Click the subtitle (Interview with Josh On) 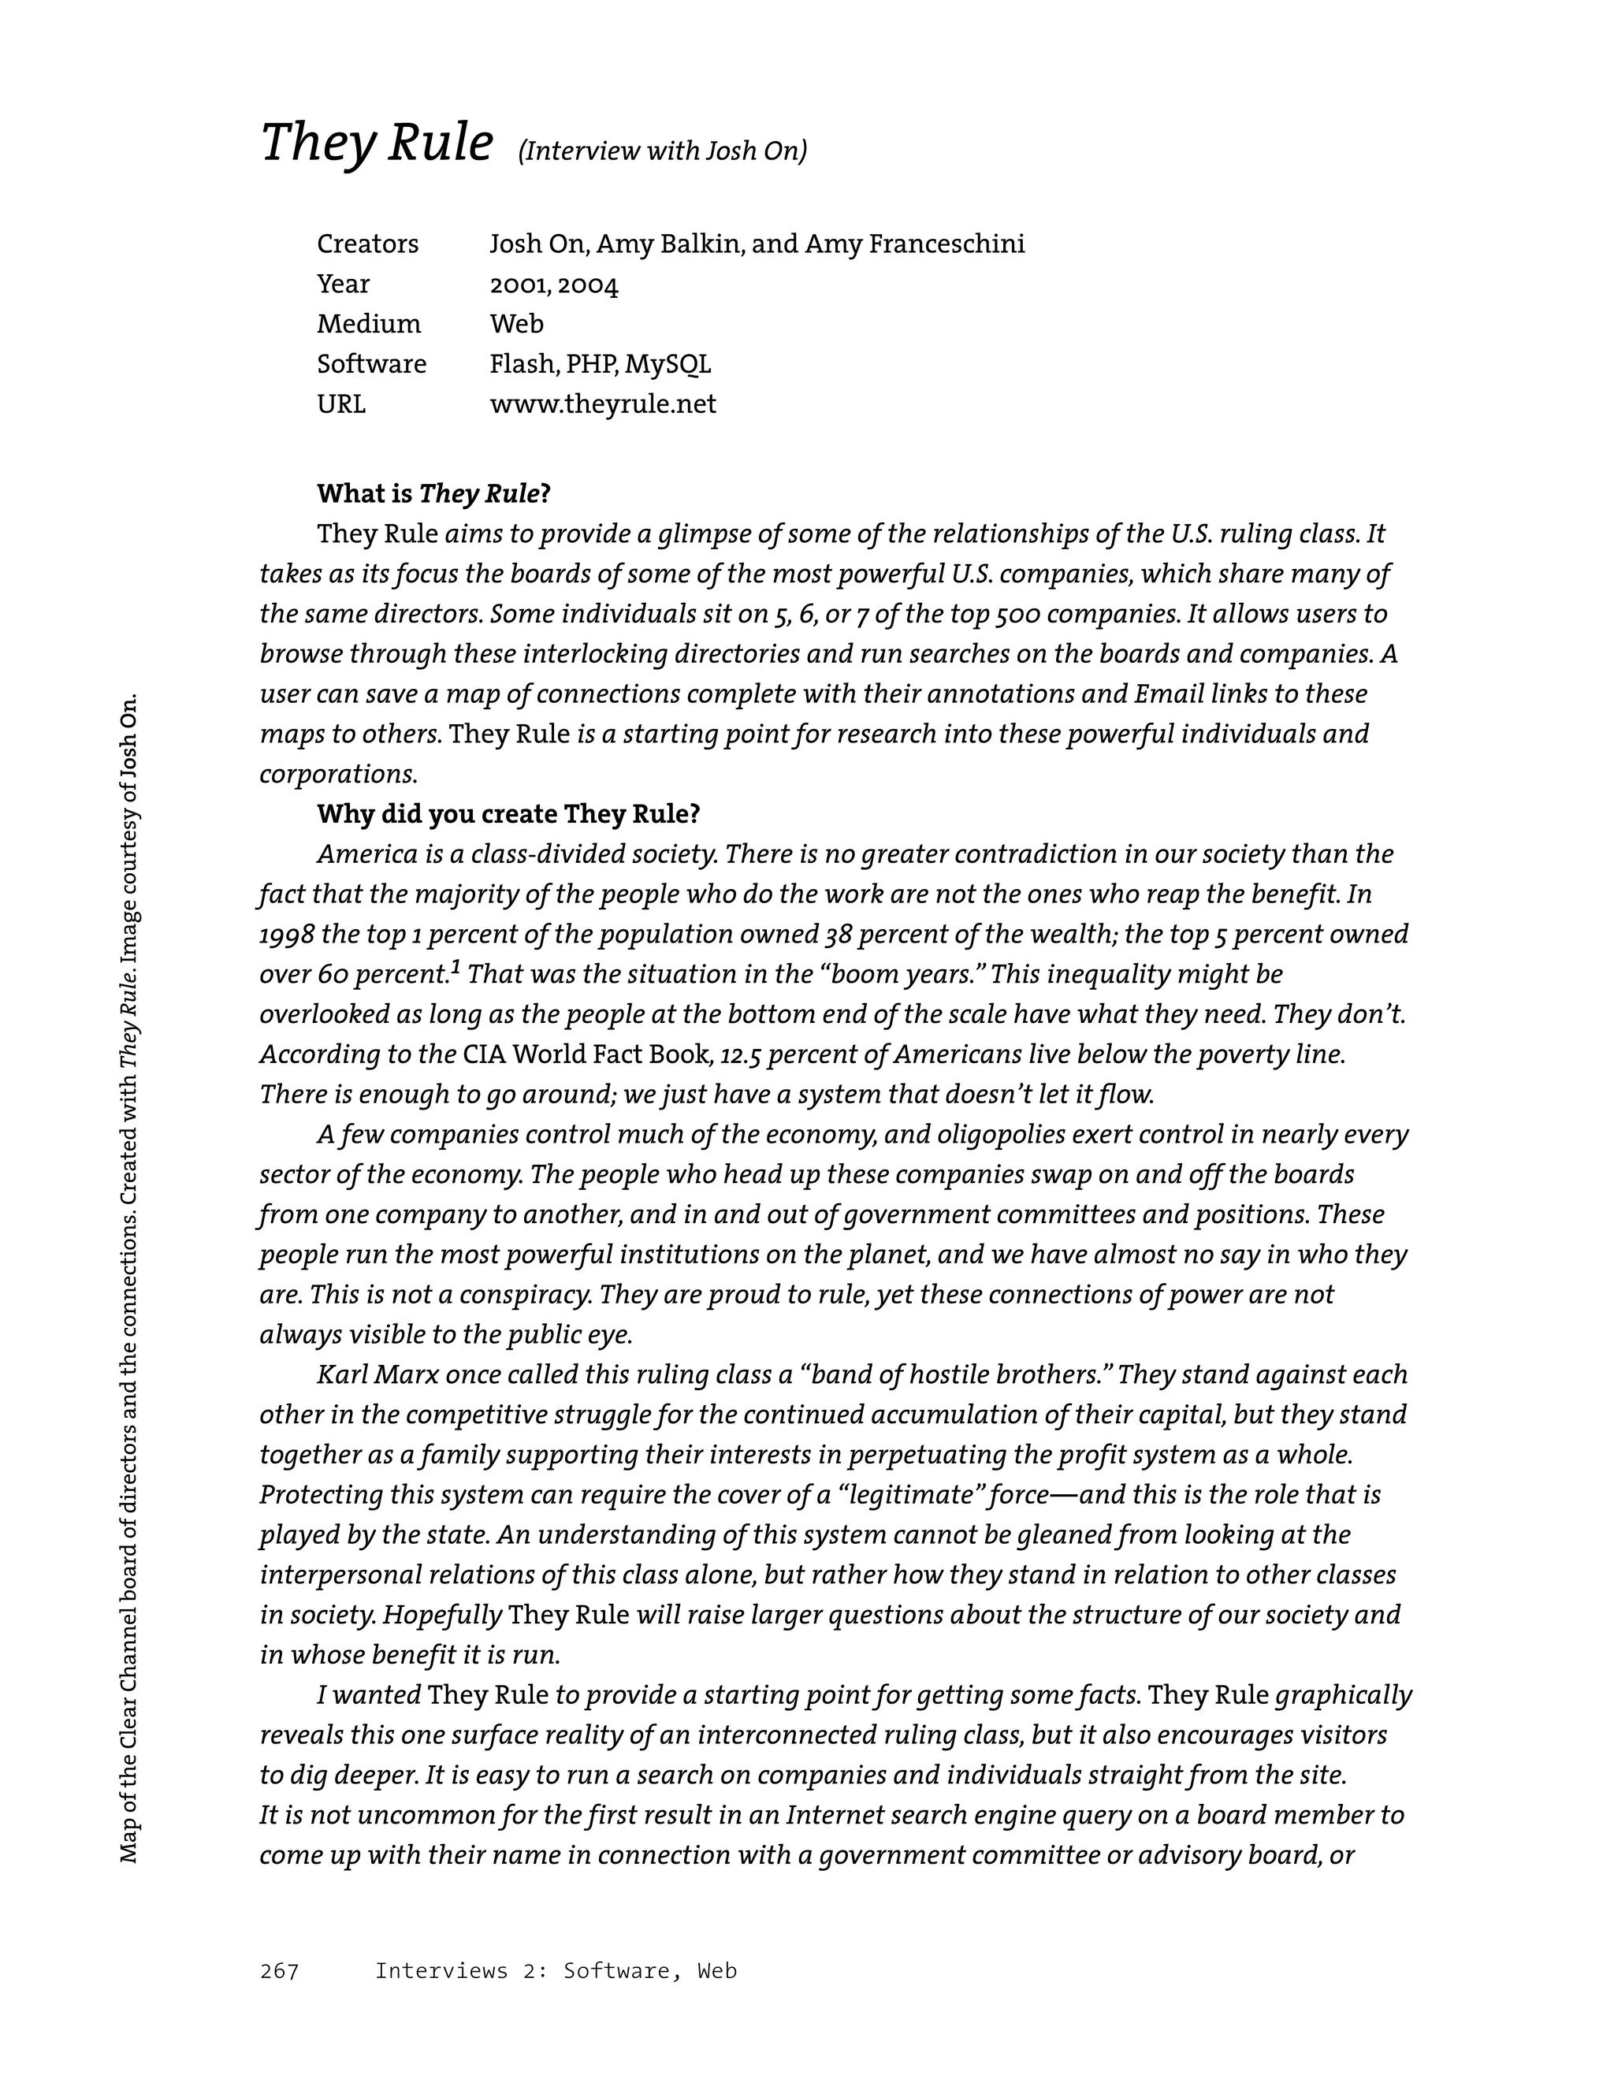(662, 151)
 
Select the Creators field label (366, 244)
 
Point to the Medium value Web (516, 324)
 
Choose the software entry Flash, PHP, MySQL (600, 364)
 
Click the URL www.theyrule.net (602, 403)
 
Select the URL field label (340, 403)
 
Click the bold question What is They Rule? (433, 494)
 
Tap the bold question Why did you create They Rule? (508, 814)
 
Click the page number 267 (279, 1972)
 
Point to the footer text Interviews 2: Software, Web (556, 1972)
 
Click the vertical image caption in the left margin (129, 1278)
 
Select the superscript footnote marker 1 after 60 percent (455, 967)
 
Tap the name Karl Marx (377, 1374)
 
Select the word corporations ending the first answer (337, 775)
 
